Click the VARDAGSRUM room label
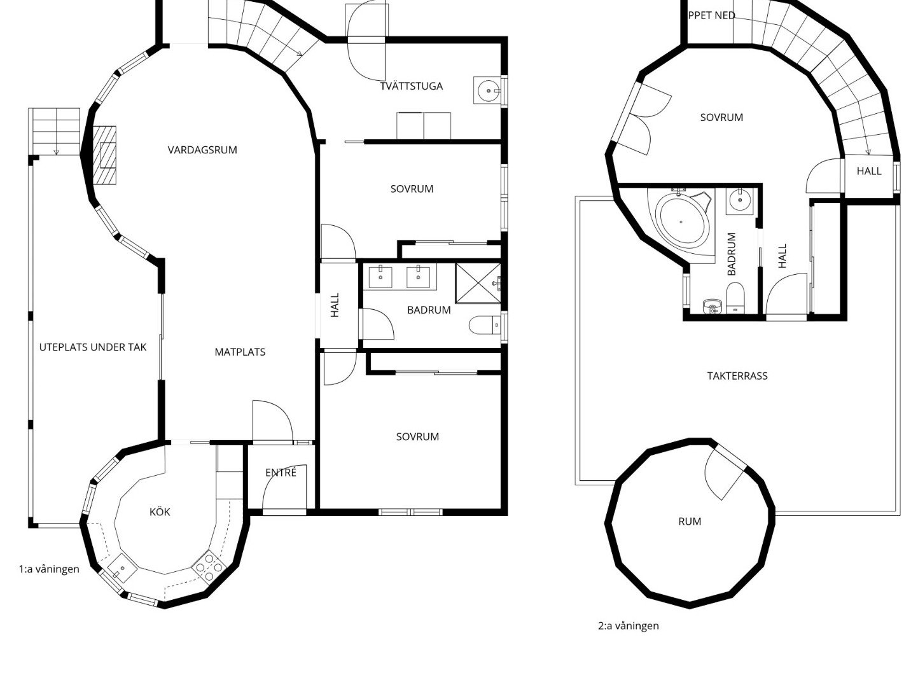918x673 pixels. (x=202, y=150)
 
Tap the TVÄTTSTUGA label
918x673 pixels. (x=412, y=86)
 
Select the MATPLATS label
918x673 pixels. (x=240, y=352)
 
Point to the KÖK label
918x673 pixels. (x=160, y=511)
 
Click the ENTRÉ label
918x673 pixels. (x=281, y=473)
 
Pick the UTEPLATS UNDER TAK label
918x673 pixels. (x=93, y=347)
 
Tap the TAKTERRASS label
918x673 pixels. (x=737, y=376)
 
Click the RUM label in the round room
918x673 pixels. (x=690, y=522)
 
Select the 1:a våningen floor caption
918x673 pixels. (x=49, y=569)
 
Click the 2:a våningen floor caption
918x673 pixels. (x=629, y=626)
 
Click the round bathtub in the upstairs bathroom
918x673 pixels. (x=681, y=221)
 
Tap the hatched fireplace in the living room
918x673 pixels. (x=104, y=155)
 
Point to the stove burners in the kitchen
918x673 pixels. (x=209, y=567)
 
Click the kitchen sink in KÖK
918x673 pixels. (x=122, y=567)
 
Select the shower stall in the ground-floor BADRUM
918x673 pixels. (x=478, y=283)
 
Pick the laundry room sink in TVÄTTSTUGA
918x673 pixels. (x=488, y=90)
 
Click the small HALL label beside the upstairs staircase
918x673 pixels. (x=869, y=171)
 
